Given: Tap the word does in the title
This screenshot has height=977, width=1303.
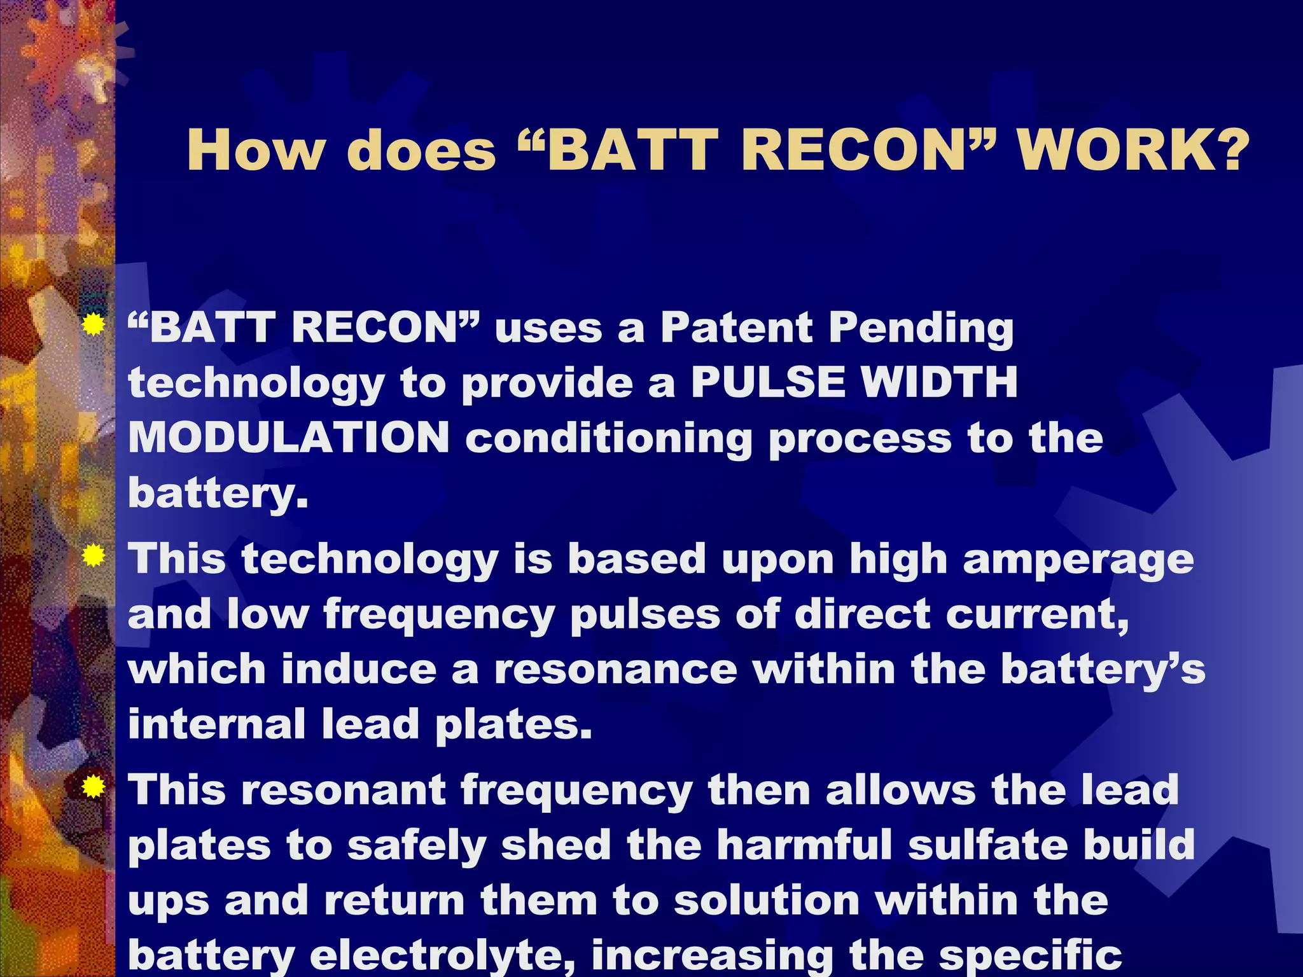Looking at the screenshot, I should tap(421, 151).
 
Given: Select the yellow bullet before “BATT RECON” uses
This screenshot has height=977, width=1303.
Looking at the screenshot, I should tap(94, 326).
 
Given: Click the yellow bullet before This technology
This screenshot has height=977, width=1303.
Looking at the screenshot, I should tap(94, 557).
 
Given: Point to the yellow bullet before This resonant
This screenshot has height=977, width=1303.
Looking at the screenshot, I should tap(94, 789).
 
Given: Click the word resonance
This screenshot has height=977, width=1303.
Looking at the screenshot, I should tap(615, 670).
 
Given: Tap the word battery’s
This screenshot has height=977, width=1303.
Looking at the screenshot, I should tap(1103, 671).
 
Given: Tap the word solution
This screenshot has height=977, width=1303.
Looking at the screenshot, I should tap(766, 901).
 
